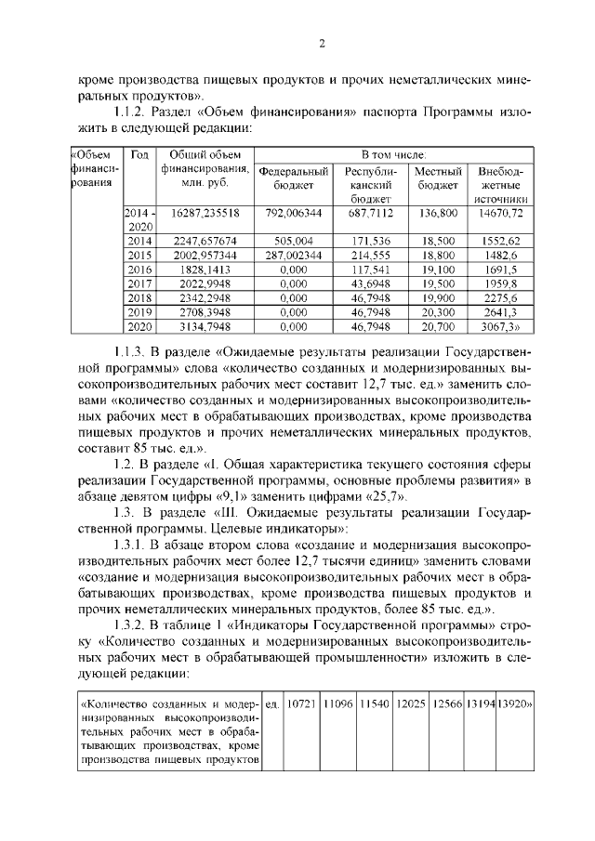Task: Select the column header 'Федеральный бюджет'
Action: (293, 177)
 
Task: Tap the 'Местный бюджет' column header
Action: (438, 177)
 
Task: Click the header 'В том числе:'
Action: (394, 153)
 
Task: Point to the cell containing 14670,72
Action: (501, 213)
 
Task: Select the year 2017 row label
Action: (139, 283)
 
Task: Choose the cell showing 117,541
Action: (369, 269)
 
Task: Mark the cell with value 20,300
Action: (438, 312)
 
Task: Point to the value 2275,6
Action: (501, 297)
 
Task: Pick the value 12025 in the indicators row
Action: (411, 703)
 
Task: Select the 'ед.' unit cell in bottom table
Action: (272, 703)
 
